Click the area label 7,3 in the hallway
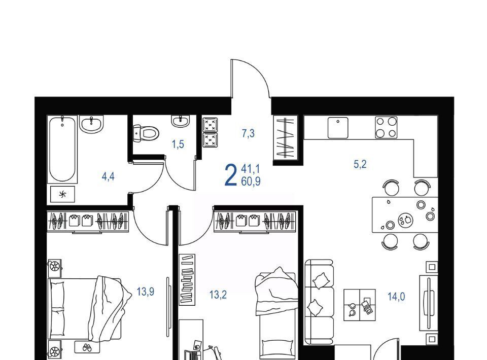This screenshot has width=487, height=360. tap(248, 133)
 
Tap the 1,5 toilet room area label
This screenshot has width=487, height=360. tap(178, 145)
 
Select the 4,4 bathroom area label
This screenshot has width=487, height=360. tap(108, 176)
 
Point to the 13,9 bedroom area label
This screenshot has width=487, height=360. tap(146, 292)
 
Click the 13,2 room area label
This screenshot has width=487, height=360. tap(218, 295)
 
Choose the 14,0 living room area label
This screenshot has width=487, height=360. tap(396, 297)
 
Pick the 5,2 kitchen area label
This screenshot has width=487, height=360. tap(360, 164)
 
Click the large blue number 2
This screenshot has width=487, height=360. tap(231, 175)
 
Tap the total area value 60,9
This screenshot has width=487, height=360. tap(251, 181)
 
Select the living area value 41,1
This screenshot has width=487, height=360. tap(251, 169)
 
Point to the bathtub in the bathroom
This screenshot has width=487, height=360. tap(62, 149)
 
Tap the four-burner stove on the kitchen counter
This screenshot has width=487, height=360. tap(386, 127)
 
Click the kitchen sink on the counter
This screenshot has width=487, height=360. tap(338, 128)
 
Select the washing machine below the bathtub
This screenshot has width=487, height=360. tap(62, 194)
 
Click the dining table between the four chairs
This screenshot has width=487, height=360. tap(405, 215)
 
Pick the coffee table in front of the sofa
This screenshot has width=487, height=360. tap(360, 305)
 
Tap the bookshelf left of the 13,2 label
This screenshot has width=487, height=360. tap(187, 279)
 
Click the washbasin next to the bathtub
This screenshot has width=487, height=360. tap(91, 124)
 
